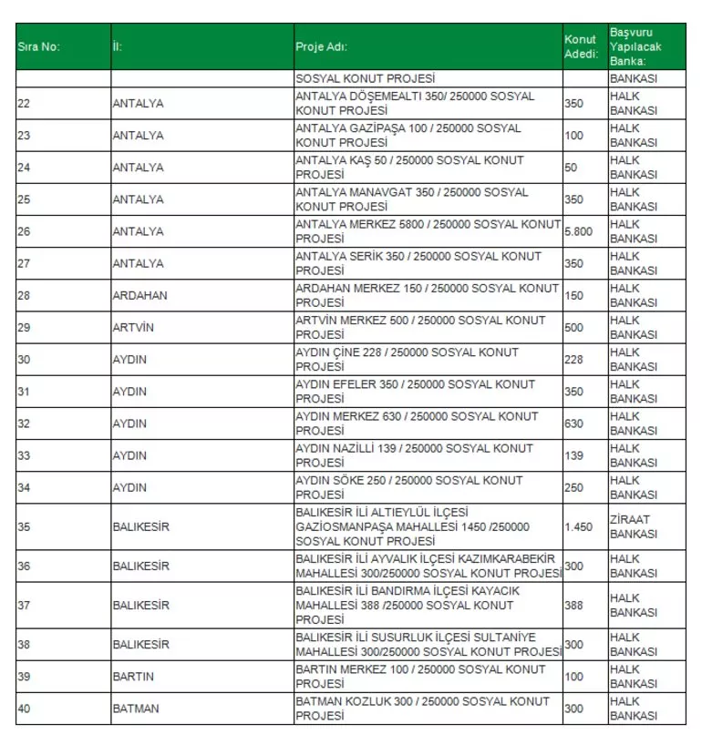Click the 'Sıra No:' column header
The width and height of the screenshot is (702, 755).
(x=39, y=46)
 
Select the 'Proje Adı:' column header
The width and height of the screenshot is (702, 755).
(x=322, y=46)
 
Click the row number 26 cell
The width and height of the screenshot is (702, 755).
(x=25, y=231)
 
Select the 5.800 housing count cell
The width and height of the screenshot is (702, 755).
(x=578, y=231)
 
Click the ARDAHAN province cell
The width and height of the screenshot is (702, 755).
(x=139, y=296)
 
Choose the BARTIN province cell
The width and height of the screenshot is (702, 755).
(x=133, y=677)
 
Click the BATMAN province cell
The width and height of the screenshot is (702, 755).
(x=135, y=709)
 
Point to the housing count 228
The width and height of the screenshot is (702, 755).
(x=573, y=360)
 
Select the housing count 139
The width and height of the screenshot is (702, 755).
(x=573, y=455)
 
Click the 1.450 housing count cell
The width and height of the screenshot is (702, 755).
(x=578, y=526)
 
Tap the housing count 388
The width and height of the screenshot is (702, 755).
(x=573, y=605)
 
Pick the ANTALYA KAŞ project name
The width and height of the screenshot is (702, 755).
(x=409, y=168)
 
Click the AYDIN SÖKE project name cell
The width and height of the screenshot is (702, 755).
(x=408, y=487)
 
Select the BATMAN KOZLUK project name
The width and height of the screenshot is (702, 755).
(x=422, y=709)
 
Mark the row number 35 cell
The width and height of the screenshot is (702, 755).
(x=25, y=526)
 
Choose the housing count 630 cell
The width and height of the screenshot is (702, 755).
(x=573, y=423)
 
